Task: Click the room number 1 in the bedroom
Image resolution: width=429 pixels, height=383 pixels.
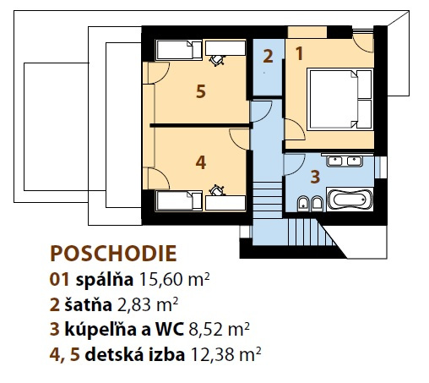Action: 299,53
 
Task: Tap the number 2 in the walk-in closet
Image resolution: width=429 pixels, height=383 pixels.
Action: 268,56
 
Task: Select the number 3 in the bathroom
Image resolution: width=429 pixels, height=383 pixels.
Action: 315,177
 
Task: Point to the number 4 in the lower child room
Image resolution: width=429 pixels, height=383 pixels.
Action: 201,162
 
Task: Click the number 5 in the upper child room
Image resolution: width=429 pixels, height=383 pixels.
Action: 201,91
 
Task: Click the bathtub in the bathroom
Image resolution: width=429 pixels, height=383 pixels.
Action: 350,200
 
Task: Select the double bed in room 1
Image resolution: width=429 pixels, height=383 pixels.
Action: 340,99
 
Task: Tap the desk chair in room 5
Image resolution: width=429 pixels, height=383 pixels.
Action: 218,60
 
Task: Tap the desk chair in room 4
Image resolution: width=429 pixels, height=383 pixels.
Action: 217,190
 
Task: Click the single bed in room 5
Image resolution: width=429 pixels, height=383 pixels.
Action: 179,50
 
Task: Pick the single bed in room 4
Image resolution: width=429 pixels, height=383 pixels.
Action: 179,200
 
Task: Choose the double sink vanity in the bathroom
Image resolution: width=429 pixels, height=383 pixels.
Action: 345,161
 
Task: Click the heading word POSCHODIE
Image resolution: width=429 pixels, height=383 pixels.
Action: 113,254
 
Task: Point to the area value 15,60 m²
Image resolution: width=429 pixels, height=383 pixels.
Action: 175,280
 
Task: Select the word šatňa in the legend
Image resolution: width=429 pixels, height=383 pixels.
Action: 89,304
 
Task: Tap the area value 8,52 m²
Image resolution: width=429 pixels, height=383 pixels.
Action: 219,330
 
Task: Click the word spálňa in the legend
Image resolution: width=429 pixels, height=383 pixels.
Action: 105,281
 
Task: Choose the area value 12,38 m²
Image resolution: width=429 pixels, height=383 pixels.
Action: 226,354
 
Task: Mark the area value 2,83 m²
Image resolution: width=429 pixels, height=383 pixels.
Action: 148,304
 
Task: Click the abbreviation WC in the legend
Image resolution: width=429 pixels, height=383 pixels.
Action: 170,330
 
